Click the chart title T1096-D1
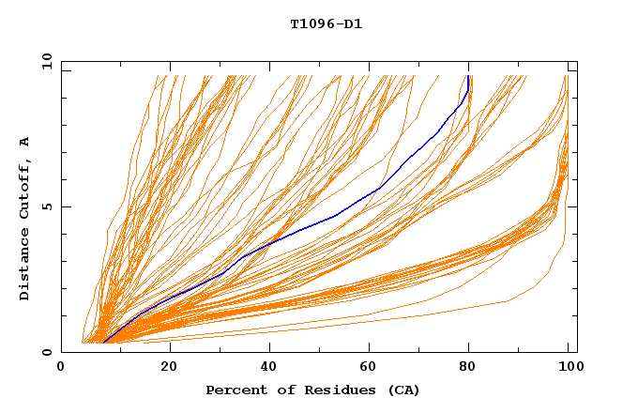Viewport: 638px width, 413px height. click(326, 24)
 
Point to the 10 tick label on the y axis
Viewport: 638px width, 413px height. click(46, 61)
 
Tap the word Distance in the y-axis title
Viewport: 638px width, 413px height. click(25, 264)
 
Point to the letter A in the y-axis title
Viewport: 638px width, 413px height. click(25, 142)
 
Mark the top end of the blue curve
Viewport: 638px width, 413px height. click(467, 76)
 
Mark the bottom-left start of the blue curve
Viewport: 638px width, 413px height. click(102, 343)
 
